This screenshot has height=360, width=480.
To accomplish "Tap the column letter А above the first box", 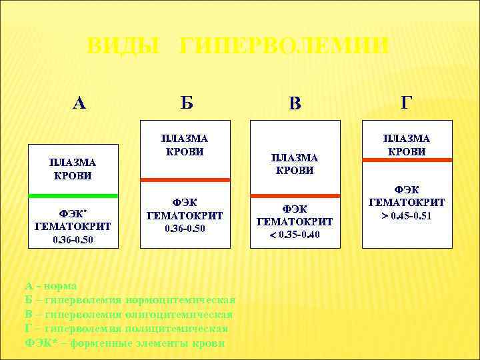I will click(x=79, y=103).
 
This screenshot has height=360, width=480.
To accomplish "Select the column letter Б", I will click(x=187, y=103).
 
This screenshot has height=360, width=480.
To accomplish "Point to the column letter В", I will click(x=295, y=103).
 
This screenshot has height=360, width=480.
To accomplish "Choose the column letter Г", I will click(x=406, y=103).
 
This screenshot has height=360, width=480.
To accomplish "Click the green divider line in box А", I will click(x=73, y=195).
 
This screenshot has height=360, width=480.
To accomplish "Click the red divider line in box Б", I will click(x=185, y=180).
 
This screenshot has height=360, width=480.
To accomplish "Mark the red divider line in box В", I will click(x=295, y=195).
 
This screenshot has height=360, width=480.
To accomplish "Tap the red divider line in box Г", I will click(x=407, y=159).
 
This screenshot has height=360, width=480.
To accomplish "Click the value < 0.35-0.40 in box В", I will click(x=295, y=234).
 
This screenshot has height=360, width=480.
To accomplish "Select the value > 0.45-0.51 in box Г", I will click(x=407, y=215).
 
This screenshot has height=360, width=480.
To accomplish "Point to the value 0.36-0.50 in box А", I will click(x=73, y=238).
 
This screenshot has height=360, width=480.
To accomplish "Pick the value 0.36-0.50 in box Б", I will click(x=185, y=228).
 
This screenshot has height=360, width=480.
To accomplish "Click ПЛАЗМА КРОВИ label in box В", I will click(x=295, y=163).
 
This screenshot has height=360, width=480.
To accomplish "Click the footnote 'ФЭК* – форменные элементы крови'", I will click(x=125, y=343).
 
